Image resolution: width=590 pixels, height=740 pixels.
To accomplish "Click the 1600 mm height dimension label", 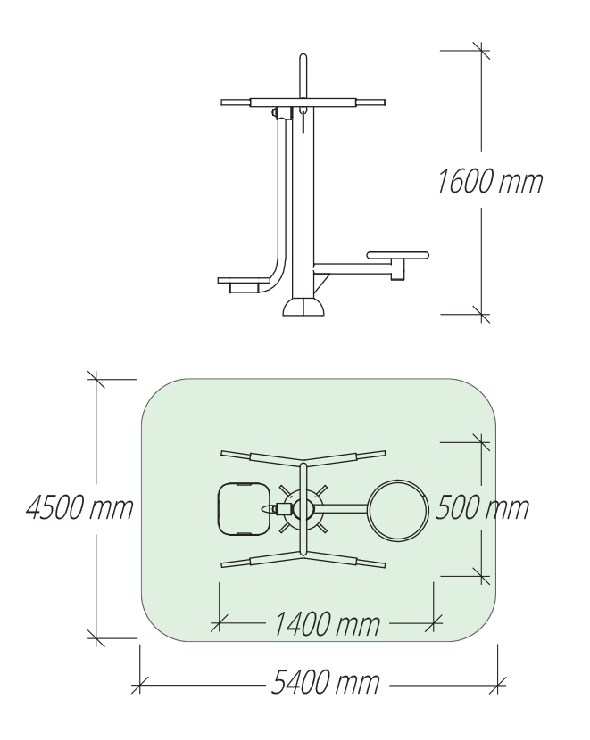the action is (x=490, y=181).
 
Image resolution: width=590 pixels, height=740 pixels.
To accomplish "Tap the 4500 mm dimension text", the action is (x=79, y=508).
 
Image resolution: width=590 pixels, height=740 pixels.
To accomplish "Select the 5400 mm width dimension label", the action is (x=326, y=682).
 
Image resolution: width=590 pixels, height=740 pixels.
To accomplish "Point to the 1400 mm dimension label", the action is (x=327, y=624).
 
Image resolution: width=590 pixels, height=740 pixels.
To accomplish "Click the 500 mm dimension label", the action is (x=482, y=508).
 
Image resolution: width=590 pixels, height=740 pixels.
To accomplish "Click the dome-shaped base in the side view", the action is (x=303, y=307).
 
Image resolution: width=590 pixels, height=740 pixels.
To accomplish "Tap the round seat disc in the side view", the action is (x=398, y=255).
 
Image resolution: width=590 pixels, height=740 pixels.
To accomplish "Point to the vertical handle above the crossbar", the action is (x=303, y=76).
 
